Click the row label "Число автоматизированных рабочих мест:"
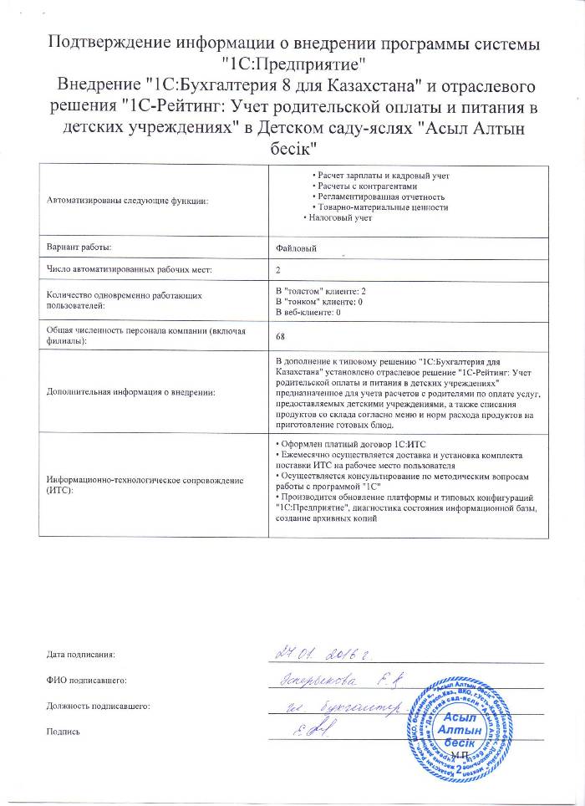[x=130, y=269]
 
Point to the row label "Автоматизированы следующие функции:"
[x=128, y=201]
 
